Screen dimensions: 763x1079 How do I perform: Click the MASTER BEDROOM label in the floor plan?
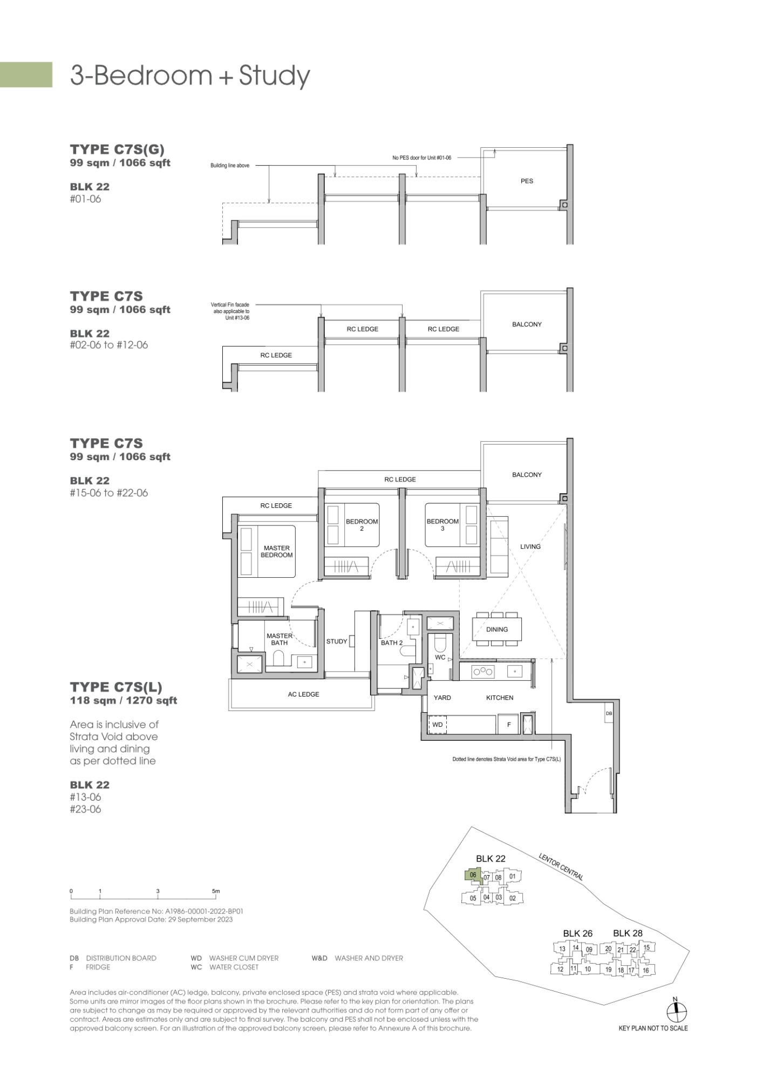(277, 551)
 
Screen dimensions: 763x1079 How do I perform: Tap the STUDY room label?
(337, 641)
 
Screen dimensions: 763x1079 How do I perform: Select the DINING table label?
(497, 629)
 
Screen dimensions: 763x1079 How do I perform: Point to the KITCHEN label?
(500, 698)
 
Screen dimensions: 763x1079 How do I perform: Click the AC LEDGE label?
(303, 694)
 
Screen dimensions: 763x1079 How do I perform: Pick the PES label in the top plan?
(527, 181)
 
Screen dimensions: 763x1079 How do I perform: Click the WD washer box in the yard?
(438, 725)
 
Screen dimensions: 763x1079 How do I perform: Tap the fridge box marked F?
(508, 725)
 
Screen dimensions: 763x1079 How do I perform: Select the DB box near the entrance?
(609, 713)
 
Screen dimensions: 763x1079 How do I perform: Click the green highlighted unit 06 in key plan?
(473, 875)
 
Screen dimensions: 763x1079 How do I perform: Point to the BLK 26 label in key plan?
(577, 933)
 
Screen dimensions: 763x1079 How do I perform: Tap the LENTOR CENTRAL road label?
(561, 867)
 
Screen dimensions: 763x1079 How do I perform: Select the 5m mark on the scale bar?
(215, 891)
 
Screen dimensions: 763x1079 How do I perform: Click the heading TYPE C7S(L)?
(116, 687)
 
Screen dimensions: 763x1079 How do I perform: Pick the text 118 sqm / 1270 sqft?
(124, 701)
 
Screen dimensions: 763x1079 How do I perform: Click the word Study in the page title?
(275, 76)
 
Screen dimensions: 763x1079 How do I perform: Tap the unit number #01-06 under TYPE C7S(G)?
(85, 199)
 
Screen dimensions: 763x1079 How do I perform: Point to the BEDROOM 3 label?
(442, 525)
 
